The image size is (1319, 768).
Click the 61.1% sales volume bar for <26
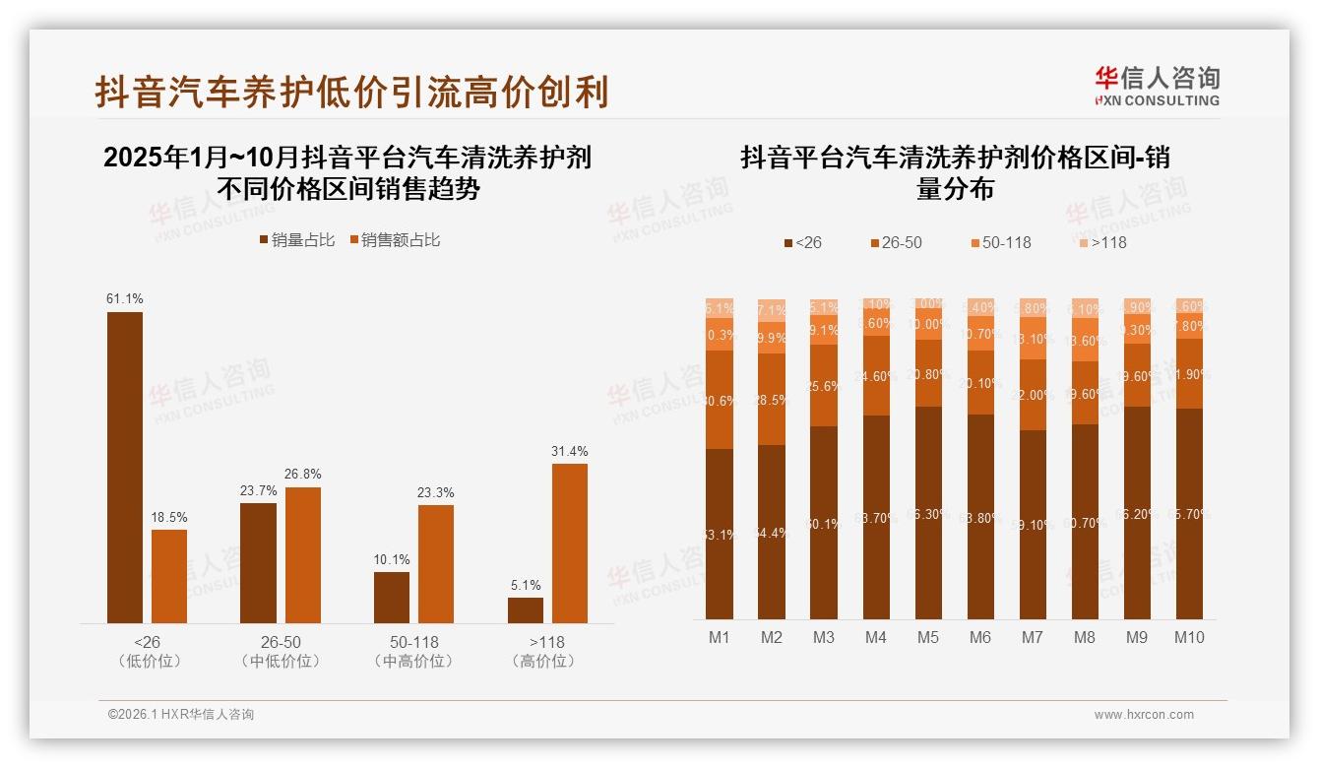125,467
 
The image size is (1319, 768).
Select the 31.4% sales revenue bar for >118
569,543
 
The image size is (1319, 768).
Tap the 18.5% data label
169,517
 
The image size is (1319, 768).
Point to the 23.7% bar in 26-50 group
258,562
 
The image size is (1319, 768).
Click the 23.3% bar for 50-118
436,563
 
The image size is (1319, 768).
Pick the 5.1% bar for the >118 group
526,609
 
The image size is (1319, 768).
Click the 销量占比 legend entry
297,240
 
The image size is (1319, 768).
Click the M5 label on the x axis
927,637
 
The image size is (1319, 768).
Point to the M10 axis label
1189,637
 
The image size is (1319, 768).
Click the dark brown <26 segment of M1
720,533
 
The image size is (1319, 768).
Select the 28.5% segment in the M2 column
772,399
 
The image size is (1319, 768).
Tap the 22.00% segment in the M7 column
1033,395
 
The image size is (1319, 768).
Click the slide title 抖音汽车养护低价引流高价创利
351,91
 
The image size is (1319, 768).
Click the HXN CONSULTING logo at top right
1157,87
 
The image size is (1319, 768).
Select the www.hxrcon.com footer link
1144,715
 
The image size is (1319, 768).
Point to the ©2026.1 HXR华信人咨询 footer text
181,715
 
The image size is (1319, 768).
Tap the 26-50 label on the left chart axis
281,642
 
